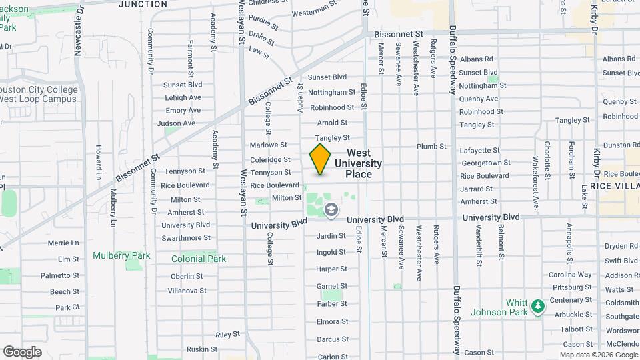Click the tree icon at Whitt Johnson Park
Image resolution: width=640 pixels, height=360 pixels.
click(x=539, y=307)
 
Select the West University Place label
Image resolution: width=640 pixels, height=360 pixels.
click(x=358, y=163)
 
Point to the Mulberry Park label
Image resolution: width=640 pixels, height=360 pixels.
click(x=121, y=255)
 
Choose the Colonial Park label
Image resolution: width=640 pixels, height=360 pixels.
click(x=199, y=259)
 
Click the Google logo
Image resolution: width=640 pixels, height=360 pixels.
click(x=22, y=352)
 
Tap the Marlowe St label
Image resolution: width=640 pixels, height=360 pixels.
click(x=268, y=145)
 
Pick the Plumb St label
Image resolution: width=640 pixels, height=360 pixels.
click(x=431, y=147)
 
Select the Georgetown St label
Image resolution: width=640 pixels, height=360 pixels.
click(x=485, y=163)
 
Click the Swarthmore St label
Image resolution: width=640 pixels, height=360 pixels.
click(x=186, y=237)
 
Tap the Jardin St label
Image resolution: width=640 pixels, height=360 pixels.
click(x=331, y=236)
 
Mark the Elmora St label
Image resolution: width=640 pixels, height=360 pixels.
click(x=332, y=321)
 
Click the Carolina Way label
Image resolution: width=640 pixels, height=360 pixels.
click(x=570, y=275)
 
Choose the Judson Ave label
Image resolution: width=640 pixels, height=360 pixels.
click(x=176, y=123)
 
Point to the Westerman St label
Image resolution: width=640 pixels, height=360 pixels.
click(x=315, y=9)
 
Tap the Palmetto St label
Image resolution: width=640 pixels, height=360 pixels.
click(x=60, y=275)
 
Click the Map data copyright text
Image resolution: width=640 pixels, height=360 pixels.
click(x=598, y=355)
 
